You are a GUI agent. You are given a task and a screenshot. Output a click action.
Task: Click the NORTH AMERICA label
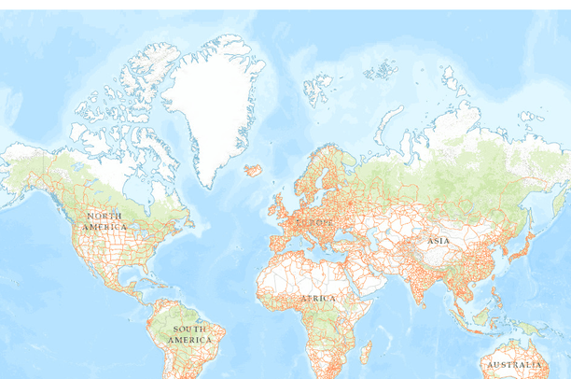[104, 222]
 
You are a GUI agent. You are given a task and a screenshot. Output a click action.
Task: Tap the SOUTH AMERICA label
[188, 334]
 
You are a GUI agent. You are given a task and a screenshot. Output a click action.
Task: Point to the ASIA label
[438, 241]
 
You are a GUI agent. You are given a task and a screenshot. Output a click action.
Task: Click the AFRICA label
[318, 298]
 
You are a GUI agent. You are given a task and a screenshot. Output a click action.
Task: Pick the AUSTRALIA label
[514, 364]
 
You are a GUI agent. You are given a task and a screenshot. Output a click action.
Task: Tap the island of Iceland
[253, 171]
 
